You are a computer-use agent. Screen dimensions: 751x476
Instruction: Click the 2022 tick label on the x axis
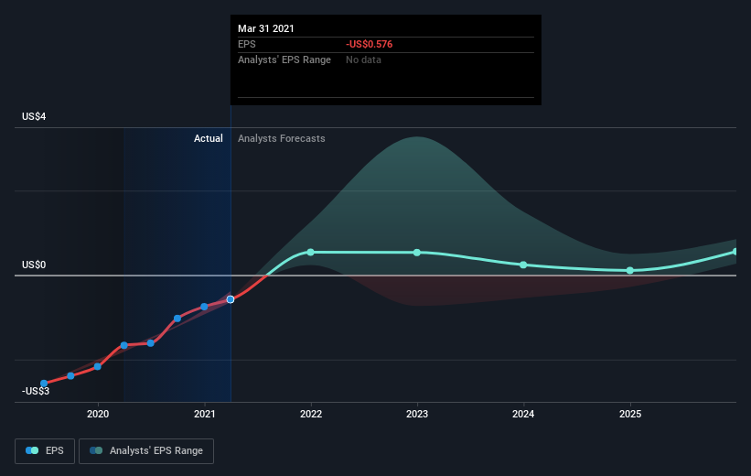pyautogui.click(x=311, y=414)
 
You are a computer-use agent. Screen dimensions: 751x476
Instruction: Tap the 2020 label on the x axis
pyautogui.click(x=98, y=414)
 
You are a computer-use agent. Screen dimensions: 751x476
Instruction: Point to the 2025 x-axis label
pyautogui.click(x=630, y=414)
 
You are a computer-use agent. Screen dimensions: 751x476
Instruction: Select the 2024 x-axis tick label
pyautogui.click(x=523, y=414)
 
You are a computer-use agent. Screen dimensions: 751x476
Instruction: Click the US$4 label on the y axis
pyautogui.click(x=34, y=116)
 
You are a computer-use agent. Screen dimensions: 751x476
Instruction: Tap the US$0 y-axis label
pyautogui.click(x=34, y=265)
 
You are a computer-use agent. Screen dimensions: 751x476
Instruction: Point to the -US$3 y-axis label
pyautogui.click(x=36, y=391)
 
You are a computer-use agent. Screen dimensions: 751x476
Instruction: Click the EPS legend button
pyautogui.click(x=45, y=450)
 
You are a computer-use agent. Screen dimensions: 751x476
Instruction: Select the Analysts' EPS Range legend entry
pyautogui.click(x=146, y=450)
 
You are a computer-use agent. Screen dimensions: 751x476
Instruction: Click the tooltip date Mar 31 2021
pyautogui.click(x=266, y=28)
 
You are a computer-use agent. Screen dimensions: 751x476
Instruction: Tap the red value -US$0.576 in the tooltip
pyautogui.click(x=370, y=44)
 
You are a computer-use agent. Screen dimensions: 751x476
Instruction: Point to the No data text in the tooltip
pyautogui.click(x=363, y=59)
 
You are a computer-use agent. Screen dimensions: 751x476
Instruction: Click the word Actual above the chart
pyautogui.click(x=209, y=138)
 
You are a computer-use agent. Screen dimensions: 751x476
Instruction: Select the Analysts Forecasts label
pyautogui.click(x=282, y=138)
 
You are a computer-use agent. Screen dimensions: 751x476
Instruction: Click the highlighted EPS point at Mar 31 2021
pyautogui.click(x=231, y=299)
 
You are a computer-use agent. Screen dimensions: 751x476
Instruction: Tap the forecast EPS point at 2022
pyautogui.click(x=310, y=252)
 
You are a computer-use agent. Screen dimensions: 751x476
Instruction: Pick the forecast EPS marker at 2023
pyautogui.click(x=417, y=253)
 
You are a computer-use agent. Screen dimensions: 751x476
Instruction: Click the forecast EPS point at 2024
pyautogui.click(x=523, y=265)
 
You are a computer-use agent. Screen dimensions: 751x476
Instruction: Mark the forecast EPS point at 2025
pyautogui.click(x=630, y=271)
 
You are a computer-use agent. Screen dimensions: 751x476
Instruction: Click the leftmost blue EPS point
pyautogui.click(x=44, y=384)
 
